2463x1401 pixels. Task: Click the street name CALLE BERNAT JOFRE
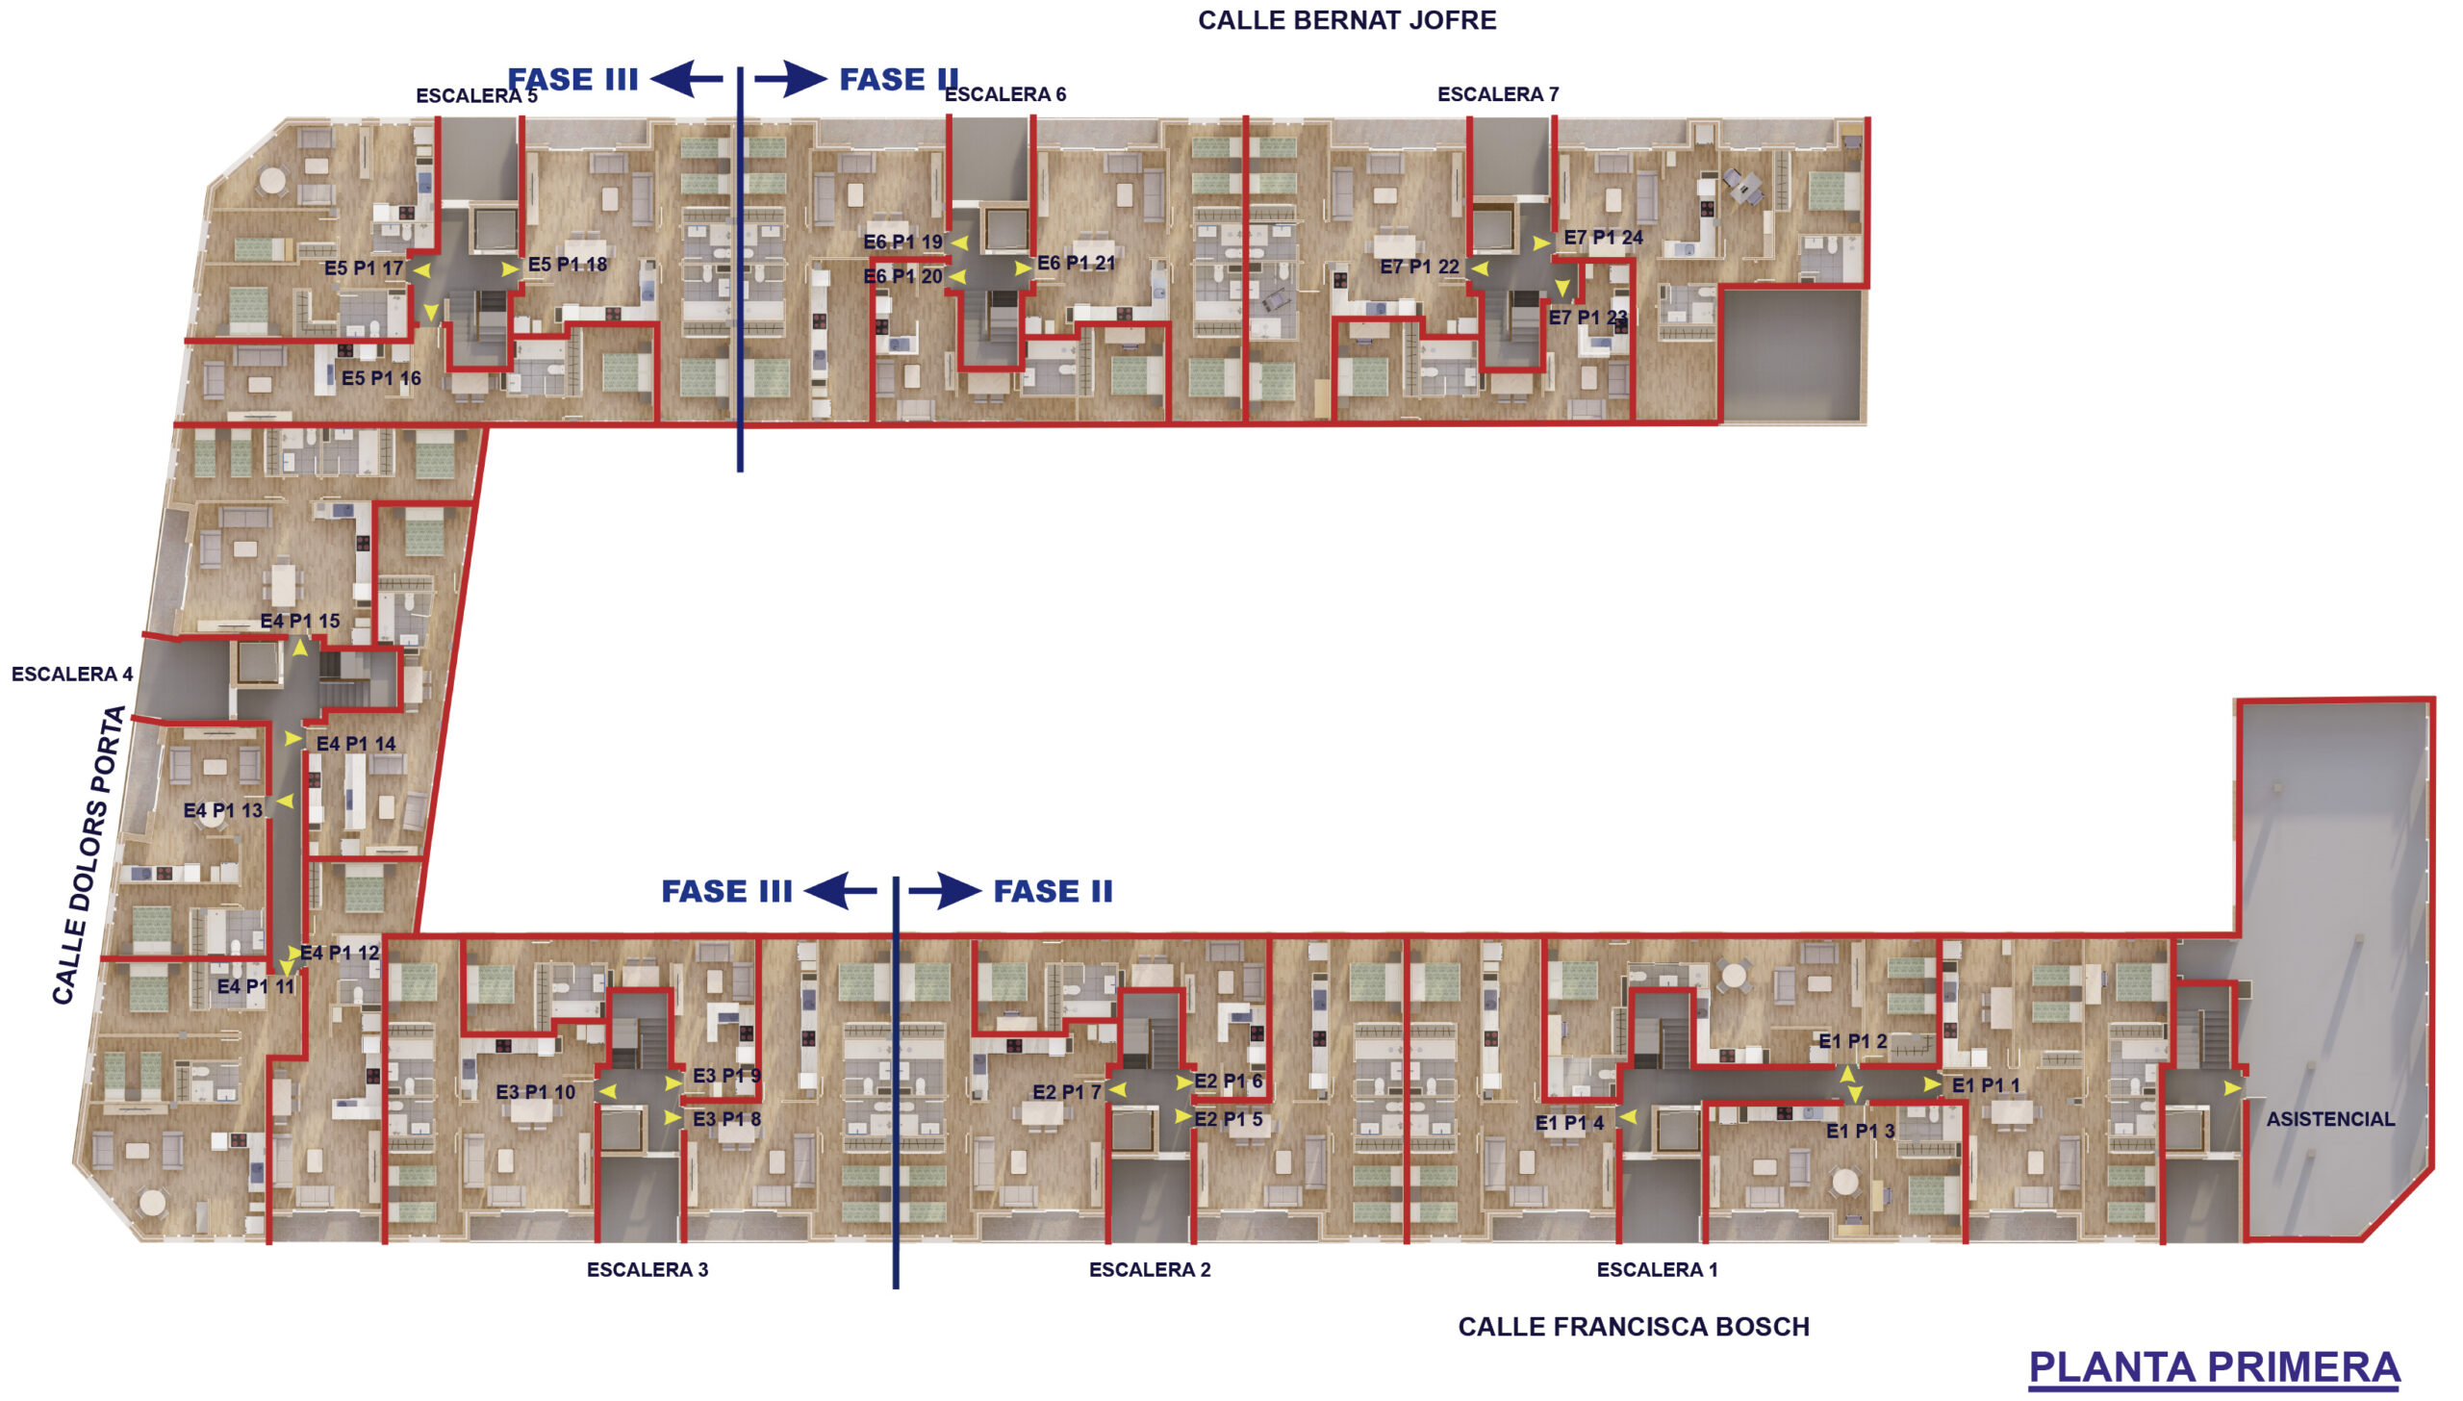(1346, 20)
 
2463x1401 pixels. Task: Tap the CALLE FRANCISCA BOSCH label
(1634, 1327)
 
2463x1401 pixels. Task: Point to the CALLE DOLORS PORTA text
(89, 855)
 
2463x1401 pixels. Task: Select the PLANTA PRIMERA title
(2214, 1367)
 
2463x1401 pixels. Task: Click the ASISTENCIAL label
(2330, 1119)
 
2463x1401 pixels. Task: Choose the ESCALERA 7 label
(1498, 94)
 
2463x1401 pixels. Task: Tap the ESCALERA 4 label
(72, 674)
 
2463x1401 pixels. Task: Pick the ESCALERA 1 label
(1657, 1269)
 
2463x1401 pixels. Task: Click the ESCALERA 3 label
(647, 1269)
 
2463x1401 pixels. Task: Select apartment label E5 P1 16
(381, 378)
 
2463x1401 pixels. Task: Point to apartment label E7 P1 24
(1603, 237)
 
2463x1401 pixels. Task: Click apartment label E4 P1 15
(300, 621)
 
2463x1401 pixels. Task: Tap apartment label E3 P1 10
(535, 1092)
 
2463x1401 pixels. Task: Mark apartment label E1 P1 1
(1986, 1084)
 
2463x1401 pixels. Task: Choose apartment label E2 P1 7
(1067, 1092)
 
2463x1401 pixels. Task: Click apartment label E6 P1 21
(1077, 263)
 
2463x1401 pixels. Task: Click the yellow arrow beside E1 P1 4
(1627, 1117)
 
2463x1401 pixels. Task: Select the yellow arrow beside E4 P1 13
(285, 801)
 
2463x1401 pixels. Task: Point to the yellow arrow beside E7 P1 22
(1479, 268)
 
